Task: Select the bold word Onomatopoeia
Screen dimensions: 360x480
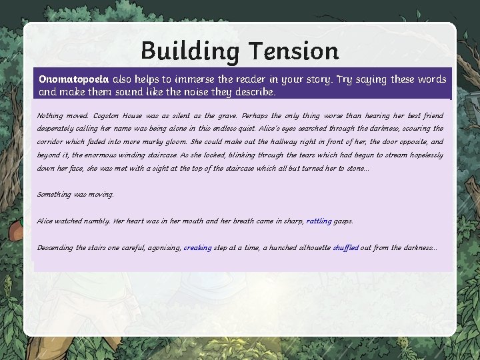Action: [x=73, y=79]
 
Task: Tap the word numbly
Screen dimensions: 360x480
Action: [x=97, y=221]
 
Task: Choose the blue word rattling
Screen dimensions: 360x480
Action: [x=319, y=221]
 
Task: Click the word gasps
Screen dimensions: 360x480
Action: [x=344, y=221]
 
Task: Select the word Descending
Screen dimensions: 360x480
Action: [x=56, y=247]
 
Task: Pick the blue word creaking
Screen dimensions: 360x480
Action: [x=198, y=247]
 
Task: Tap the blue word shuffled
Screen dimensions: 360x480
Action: [x=345, y=247]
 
